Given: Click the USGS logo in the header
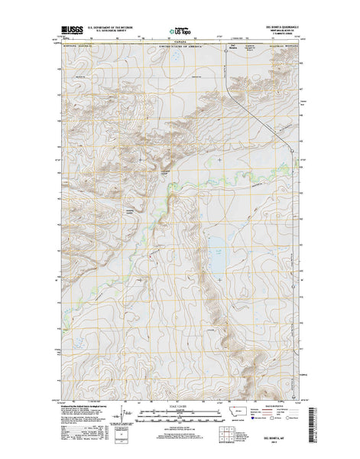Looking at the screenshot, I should coord(66,30).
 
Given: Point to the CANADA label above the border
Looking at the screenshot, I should coord(180,43).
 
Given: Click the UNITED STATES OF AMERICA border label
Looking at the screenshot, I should coord(180,47).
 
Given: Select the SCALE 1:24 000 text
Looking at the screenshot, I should coord(180,405).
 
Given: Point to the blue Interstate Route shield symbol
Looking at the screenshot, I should coord(262,420).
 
